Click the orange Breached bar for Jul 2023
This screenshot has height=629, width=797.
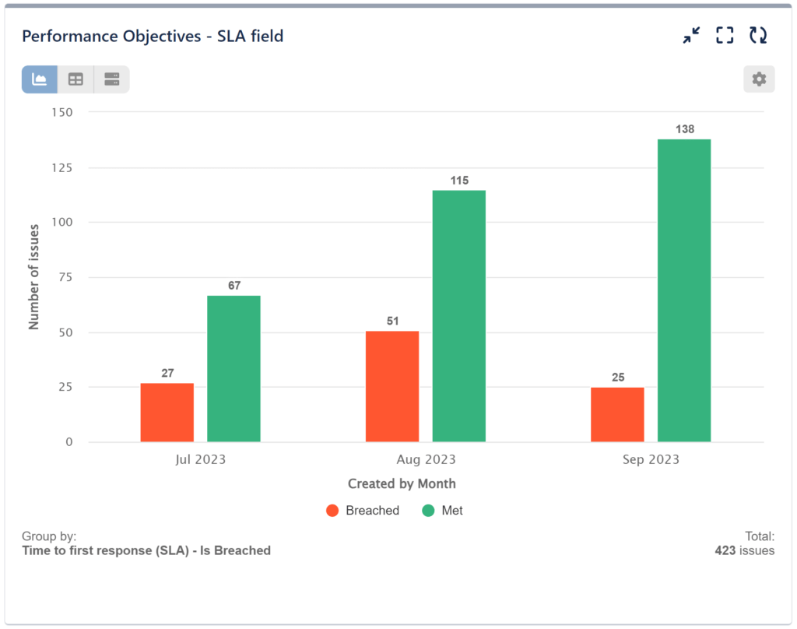point(167,413)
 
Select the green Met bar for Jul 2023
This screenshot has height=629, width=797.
point(233,369)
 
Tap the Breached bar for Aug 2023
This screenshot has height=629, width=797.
point(392,387)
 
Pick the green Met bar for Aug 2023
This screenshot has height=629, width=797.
point(459,316)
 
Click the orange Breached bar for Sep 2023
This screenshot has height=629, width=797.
point(617,414)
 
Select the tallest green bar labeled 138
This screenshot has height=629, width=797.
point(684,290)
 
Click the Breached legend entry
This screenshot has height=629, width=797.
point(363,511)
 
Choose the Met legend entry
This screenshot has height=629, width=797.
point(442,511)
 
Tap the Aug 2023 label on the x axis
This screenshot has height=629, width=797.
point(427,459)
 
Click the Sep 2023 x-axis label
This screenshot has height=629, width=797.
point(651,459)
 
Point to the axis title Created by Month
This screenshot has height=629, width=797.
point(402,483)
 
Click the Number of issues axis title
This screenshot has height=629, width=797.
point(34,277)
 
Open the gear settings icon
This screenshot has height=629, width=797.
point(759,79)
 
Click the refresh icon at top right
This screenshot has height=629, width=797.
point(758,35)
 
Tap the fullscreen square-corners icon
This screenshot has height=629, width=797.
point(725,35)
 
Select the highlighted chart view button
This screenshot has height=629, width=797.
point(40,79)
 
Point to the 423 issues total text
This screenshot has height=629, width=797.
point(745,550)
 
